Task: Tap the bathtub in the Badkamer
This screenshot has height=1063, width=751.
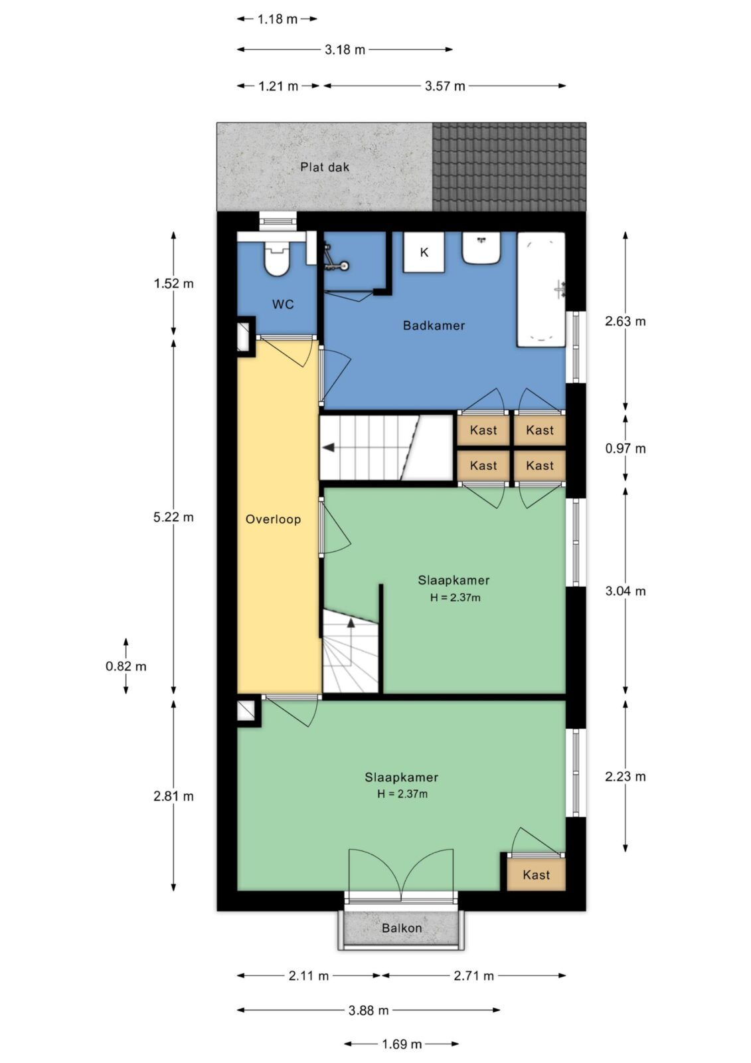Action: pyautogui.click(x=541, y=289)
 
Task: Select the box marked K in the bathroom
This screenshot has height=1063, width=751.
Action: pyautogui.click(x=424, y=252)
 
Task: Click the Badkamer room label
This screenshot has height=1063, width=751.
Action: pyautogui.click(x=434, y=326)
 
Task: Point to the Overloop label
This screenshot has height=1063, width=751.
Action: pyautogui.click(x=274, y=519)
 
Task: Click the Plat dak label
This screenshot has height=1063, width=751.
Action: pyautogui.click(x=325, y=167)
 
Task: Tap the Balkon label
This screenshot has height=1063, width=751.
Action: pyautogui.click(x=402, y=927)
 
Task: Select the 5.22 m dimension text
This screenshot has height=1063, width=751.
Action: pyautogui.click(x=173, y=517)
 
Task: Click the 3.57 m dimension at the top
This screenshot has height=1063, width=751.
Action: pyautogui.click(x=445, y=86)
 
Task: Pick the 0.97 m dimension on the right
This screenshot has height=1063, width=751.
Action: pyautogui.click(x=626, y=448)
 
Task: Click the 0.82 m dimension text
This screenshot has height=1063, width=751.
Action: pyautogui.click(x=126, y=666)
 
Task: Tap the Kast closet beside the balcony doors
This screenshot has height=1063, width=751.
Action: pyautogui.click(x=536, y=874)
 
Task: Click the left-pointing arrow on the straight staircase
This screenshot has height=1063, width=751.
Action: pyautogui.click(x=328, y=448)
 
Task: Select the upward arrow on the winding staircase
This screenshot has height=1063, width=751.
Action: pyautogui.click(x=351, y=623)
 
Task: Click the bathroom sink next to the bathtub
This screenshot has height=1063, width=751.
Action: pyautogui.click(x=481, y=248)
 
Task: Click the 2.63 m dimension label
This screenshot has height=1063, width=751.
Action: pyautogui.click(x=626, y=322)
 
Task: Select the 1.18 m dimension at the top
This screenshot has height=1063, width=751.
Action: pyautogui.click(x=278, y=19)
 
